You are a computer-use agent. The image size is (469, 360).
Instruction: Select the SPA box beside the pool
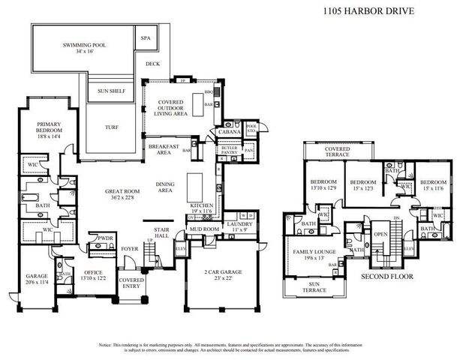click(x=146, y=37)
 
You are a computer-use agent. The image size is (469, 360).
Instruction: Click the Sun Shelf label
click(x=111, y=91)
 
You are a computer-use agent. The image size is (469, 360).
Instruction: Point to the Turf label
click(x=111, y=127)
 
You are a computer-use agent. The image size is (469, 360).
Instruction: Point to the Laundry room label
click(x=240, y=225)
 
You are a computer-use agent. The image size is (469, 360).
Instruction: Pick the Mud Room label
click(x=203, y=229)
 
